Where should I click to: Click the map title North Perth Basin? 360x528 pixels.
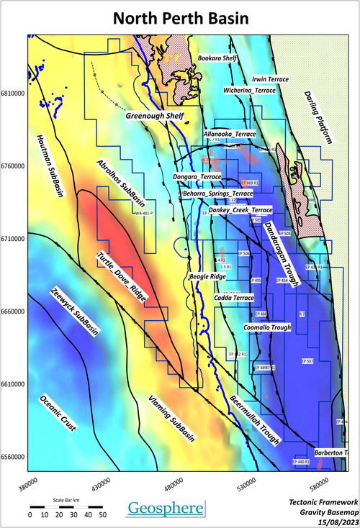(179, 17)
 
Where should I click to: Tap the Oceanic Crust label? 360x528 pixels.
(58, 413)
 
